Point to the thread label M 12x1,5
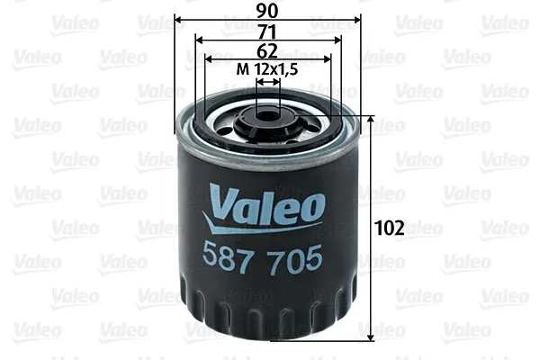[267, 68]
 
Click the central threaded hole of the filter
[267, 114]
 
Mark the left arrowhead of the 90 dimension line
[178, 20]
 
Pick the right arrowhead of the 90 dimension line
[358, 20]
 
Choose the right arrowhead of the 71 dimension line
[337, 40]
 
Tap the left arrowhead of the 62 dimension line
[209, 60]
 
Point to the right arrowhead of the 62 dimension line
[327, 60]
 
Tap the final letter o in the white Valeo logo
[312, 206]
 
